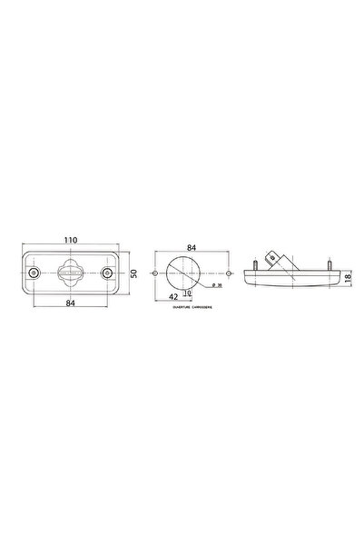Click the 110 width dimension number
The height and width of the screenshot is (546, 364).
71,238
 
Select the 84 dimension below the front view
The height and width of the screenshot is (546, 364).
71,305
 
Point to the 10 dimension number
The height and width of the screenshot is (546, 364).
187,293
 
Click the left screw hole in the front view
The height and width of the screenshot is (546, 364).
34,273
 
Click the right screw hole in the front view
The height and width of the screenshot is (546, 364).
108,273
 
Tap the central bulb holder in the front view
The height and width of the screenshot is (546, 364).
71,273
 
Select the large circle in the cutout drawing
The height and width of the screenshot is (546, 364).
192,273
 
